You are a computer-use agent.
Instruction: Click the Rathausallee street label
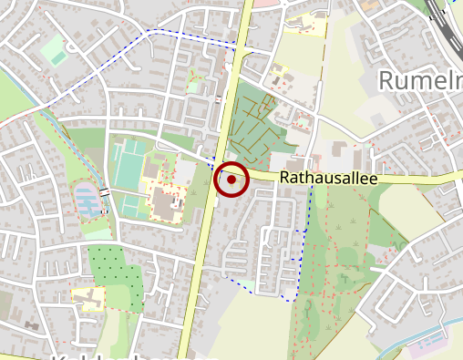coord(327,179)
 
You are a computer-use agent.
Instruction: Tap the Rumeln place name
coord(420,81)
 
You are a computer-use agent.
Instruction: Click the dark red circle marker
coord(231,180)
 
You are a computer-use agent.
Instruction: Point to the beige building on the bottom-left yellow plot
coord(87,296)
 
